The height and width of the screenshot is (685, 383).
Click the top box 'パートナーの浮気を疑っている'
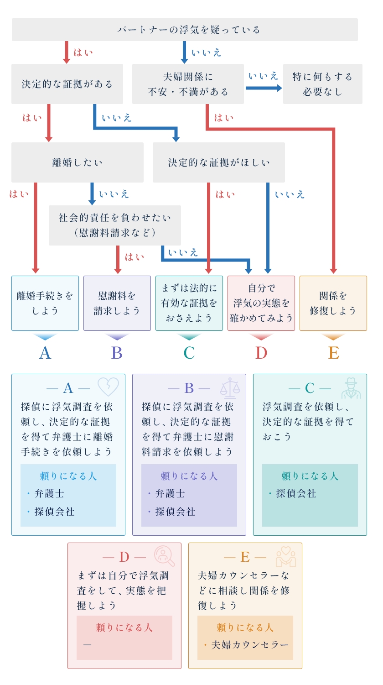pyautogui.click(x=185, y=30)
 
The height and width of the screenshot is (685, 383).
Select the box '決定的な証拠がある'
pyautogui.click(x=67, y=84)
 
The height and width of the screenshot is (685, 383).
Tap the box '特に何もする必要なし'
pyautogui.click(x=322, y=84)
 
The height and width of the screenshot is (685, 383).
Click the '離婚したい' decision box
pyautogui.click(x=77, y=162)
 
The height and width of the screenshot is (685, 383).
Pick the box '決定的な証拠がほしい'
pyautogui.click(x=218, y=162)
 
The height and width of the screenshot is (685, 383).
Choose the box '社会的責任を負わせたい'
pyautogui.click(x=114, y=225)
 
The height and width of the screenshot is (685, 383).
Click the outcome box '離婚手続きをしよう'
pyautogui.click(x=45, y=303)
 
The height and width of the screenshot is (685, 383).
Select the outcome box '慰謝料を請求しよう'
pyautogui.click(x=117, y=303)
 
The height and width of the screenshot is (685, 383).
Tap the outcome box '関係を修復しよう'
pyautogui.click(x=333, y=303)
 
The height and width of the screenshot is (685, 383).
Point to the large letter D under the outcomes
pyautogui.click(x=261, y=353)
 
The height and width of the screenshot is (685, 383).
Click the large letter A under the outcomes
pyautogui.click(x=45, y=353)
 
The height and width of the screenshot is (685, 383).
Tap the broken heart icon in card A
pyautogui.click(x=108, y=387)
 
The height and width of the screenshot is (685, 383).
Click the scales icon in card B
pyautogui.click(x=230, y=387)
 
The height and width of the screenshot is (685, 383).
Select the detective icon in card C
pyautogui.click(x=351, y=388)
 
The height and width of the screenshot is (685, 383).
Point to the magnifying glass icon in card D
pyautogui.click(x=164, y=556)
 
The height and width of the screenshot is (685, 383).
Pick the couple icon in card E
pyautogui.click(x=286, y=556)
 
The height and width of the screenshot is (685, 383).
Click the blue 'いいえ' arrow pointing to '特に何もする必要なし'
pyautogui.click(x=264, y=87)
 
